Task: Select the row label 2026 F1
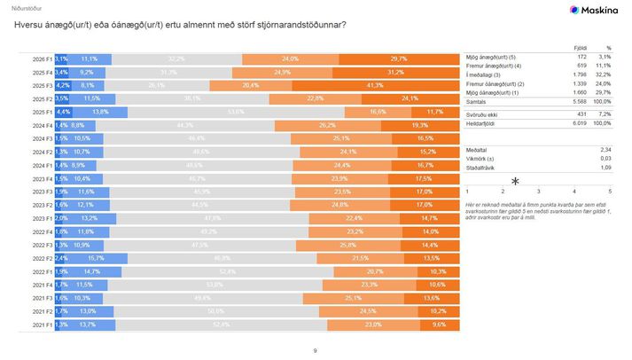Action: click(41, 59)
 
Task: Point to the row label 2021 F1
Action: click(41, 325)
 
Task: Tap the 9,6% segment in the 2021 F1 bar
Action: click(440, 325)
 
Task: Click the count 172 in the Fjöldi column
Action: click(581, 57)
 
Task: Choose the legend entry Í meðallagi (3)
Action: click(488, 75)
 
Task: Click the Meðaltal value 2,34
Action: click(605, 151)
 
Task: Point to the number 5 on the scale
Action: click(610, 192)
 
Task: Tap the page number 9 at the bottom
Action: click(316, 351)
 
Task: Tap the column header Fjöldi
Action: click(581, 47)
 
